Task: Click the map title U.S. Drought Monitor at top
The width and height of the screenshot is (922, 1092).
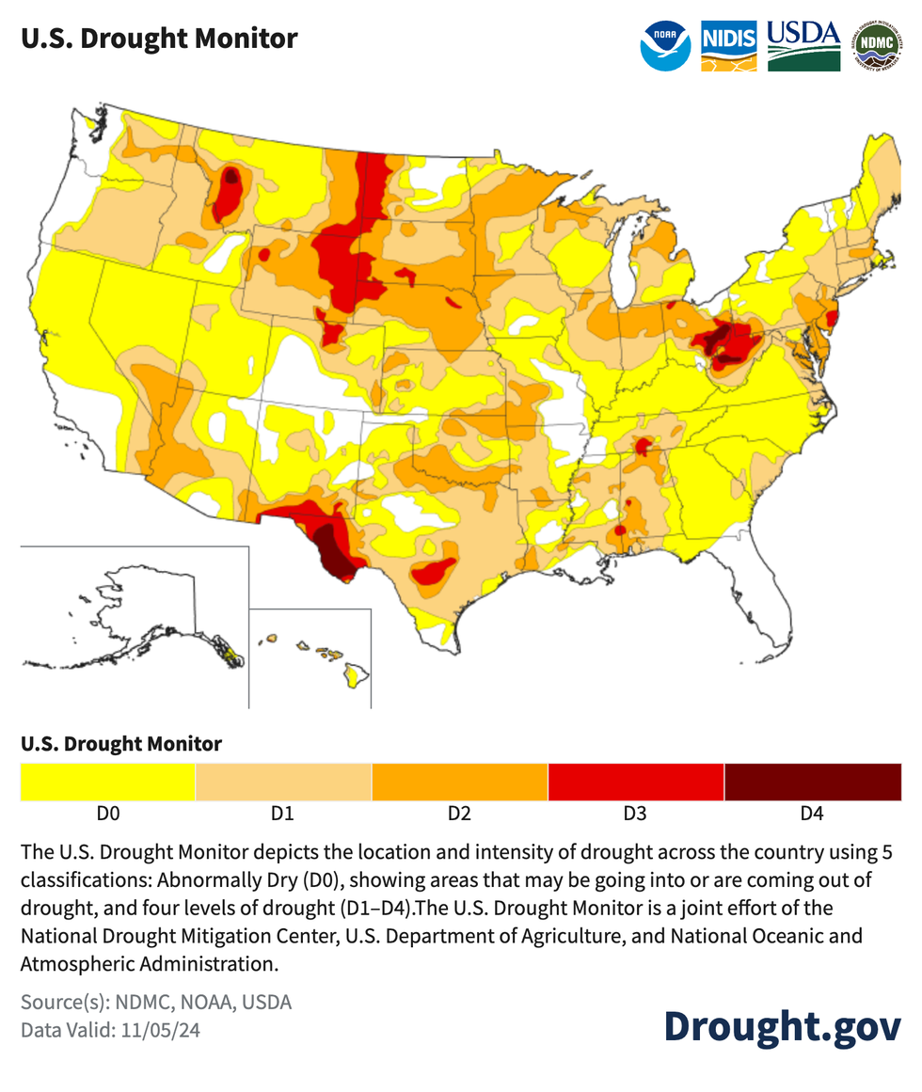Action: (159, 39)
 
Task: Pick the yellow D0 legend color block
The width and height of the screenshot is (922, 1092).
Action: (108, 782)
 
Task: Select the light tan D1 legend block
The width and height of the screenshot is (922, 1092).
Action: (283, 782)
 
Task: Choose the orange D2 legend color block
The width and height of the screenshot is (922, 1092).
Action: (459, 782)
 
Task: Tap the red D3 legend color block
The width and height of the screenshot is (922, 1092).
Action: (635, 782)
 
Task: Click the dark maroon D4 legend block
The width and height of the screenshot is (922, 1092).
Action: (812, 782)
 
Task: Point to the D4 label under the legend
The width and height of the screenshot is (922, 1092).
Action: (811, 814)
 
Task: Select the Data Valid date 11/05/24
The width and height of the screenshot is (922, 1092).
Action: (110, 1030)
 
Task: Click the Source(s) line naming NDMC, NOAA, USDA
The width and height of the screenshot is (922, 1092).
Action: (156, 1002)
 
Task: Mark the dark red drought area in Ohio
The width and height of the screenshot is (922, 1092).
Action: (727, 344)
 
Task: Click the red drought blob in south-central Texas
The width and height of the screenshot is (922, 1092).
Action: (434, 572)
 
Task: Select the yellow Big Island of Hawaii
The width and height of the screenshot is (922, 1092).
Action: (356, 673)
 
